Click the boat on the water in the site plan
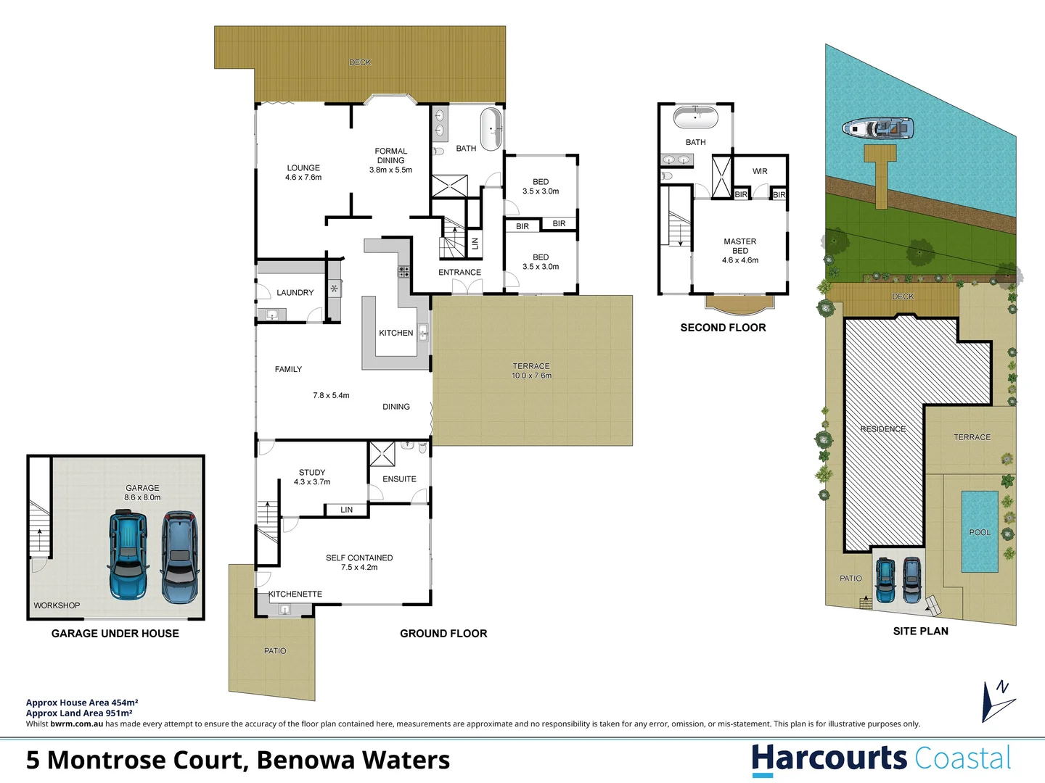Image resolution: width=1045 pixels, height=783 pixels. tap(877, 129)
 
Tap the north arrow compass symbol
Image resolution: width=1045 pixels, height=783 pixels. tap(998, 700)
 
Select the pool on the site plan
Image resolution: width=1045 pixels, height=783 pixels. tap(980, 531)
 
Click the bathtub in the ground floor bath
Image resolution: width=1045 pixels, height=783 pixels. tap(491, 129)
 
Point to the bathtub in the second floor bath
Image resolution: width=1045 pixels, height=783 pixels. tap(695, 117)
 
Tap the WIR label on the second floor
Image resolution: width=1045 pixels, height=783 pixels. tap(760, 172)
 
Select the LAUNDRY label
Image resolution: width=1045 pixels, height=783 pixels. tap(295, 293)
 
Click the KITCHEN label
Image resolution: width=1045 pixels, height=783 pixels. tap(396, 333)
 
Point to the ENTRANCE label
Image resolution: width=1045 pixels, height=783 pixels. tap(459, 273)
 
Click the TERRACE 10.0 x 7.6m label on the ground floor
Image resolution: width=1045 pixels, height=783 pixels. tap(531, 371)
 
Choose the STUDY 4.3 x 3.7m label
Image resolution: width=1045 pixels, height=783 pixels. tap(312, 477)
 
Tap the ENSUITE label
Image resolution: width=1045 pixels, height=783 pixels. tap(399, 479)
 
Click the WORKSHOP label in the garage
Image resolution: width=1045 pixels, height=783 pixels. tap(57, 605)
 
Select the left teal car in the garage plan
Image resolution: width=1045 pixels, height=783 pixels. tap(128, 555)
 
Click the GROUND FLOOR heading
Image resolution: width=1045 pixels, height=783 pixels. tap(443, 634)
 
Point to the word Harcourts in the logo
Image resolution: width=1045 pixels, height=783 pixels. tap(829, 758)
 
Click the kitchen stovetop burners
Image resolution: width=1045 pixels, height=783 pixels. tap(403, 272)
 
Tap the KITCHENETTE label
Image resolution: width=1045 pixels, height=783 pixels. tap(295, 594)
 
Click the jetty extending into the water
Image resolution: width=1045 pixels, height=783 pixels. tap(880, 175)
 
